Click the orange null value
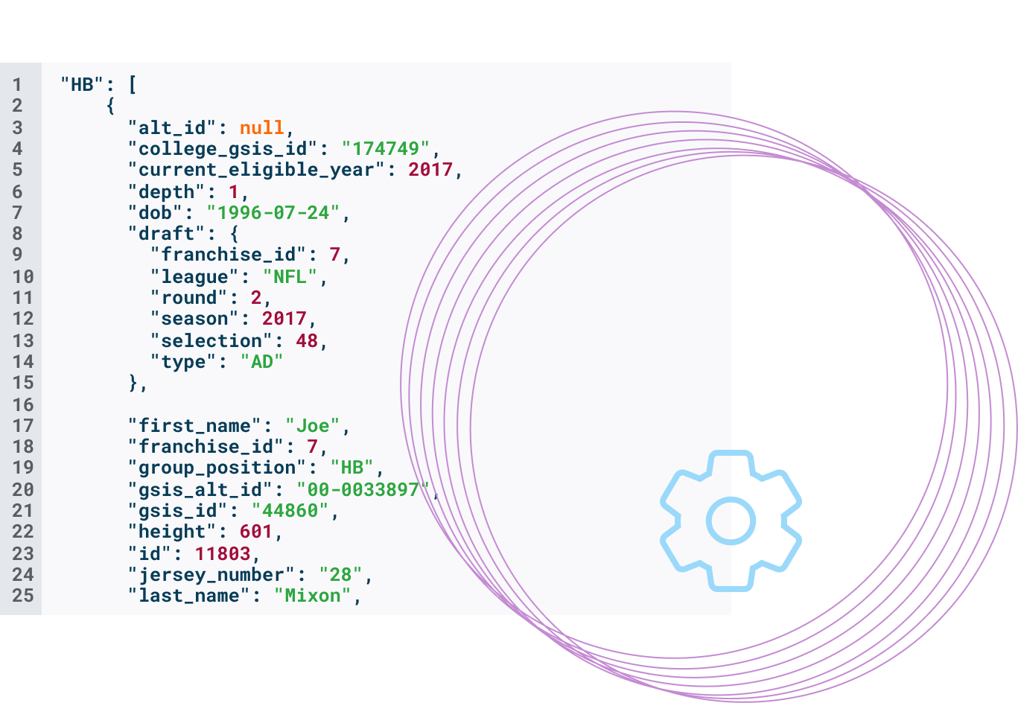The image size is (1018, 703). [x=261, y=127]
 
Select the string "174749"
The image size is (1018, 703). [x=386, y=148]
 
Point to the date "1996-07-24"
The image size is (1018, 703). [x=273, y=212]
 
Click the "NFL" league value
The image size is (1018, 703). [x=290, y=276]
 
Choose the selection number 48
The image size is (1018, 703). [x=307, y=340]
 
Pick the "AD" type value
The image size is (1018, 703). [x=261, y=362]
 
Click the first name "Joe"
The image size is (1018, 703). [x=312, y=425]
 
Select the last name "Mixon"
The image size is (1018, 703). [x=312, y=596]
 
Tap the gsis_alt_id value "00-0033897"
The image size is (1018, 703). [x=363, y=489]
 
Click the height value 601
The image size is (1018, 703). [x=255, y=532]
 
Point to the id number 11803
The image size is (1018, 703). [x=222, y=553]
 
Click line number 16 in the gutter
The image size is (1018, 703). [x=22, y=404]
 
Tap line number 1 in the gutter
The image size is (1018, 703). [x=17, y=85]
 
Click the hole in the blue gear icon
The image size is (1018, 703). [x=728, y=521]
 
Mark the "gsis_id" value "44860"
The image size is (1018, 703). [x=290, y=510]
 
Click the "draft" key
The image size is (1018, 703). [x=165, y=233]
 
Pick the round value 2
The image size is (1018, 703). [x=255, y=298]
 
